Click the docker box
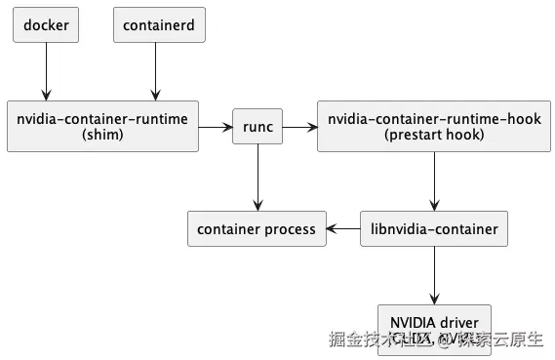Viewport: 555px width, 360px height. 46,25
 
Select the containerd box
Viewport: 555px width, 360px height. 160,25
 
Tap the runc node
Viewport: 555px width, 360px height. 258,127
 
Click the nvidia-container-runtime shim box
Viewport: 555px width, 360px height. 103,127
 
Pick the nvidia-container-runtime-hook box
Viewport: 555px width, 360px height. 434,127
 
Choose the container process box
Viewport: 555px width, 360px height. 257,229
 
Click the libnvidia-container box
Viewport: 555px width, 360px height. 434,229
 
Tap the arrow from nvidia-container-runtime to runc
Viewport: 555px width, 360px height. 217,127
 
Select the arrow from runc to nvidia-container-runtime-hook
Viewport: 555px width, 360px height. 300,127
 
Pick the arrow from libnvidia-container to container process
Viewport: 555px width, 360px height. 342,229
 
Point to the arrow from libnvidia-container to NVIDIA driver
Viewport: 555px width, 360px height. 434,275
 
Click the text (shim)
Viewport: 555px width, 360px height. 103,136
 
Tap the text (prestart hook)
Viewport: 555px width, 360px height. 434,136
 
